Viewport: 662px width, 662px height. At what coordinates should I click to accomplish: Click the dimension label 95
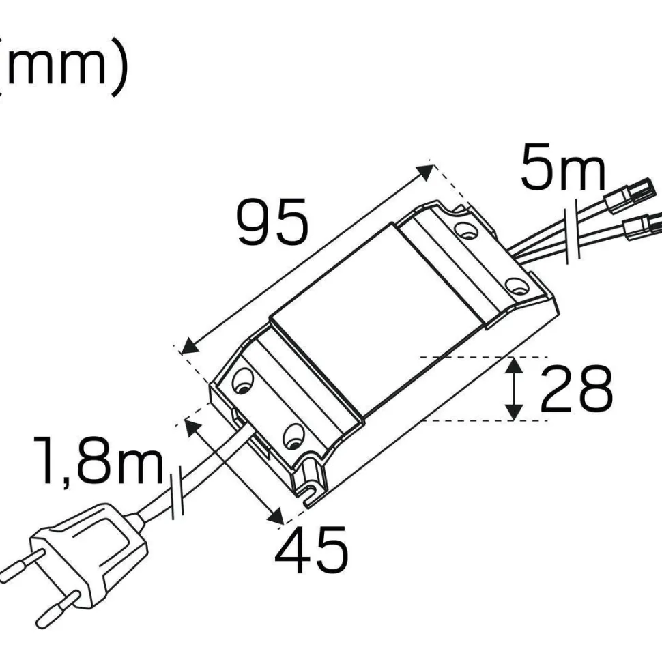coord(273,222)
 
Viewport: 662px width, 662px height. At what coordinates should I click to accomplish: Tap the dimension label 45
coord(312,549)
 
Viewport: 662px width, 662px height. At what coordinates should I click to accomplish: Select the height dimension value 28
coord(577,388)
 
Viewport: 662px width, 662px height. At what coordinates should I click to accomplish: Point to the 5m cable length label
coord(563,167)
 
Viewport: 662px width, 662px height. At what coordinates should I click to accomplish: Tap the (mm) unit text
coord(63,68)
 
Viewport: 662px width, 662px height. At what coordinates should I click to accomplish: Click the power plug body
coord(88,553)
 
